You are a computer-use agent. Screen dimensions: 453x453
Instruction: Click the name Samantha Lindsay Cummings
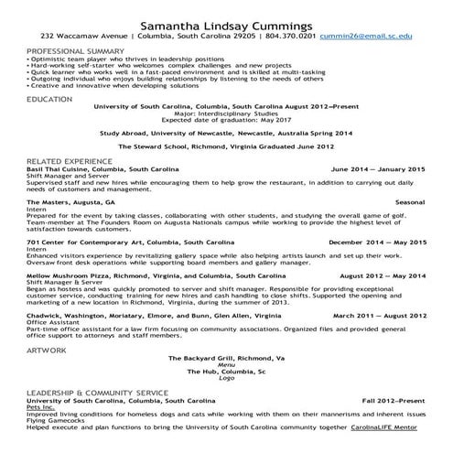(x=226, y=21)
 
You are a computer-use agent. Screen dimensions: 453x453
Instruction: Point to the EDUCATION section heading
(x=49, y=98)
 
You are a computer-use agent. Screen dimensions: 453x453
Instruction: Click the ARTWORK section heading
(x=47, y=324)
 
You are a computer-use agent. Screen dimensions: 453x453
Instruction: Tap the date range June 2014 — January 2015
(x=378, y=169)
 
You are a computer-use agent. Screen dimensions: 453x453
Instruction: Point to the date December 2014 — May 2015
(x=377, y=242)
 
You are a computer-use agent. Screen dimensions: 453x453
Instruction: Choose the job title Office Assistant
(x=51, y=321)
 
